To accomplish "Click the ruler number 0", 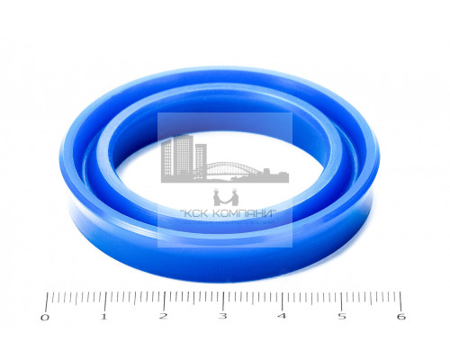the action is pyautogui.click(x=44, y=318).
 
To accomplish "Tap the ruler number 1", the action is pyautogui.click(x=103, y=317).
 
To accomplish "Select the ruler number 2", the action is pyautogui.click(x=163, y=316).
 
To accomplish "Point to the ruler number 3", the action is pyautogui.click(x=222, y=316).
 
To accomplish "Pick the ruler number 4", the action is pyautogui.click(x=282, y=316).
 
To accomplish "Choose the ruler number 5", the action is pyautogui.click(x=342, y=316).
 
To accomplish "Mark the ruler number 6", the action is pyautogui.click(x=401, y=317).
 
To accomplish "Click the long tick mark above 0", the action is pyautogui.click(x=47, y=302).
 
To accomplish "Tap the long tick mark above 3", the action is pyautogui.click(x=223, y=301).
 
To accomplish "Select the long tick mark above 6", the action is pyautogui.click(x=400, y=301).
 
